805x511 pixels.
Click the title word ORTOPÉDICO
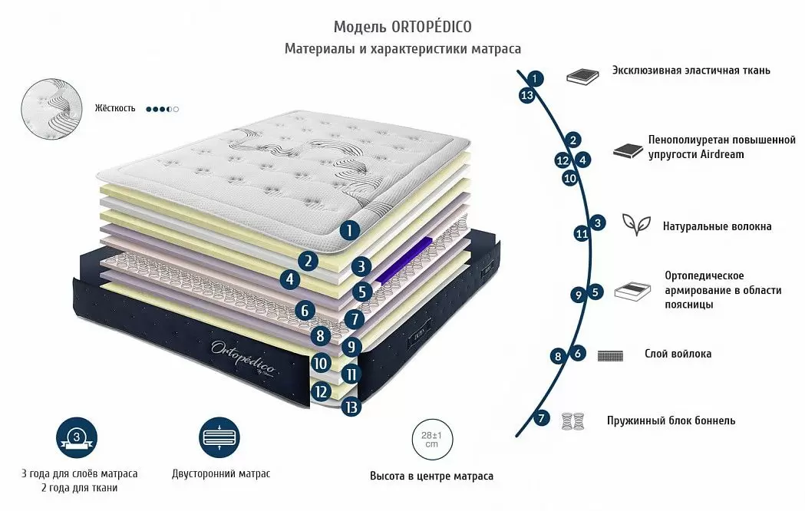coord(432,27)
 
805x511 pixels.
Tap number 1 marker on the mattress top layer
coord(350,229)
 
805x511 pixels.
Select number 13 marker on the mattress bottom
coord(351,407)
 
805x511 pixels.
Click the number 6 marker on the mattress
coord(305,311)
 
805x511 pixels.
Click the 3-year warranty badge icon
coord(77,438)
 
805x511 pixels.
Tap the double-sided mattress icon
coord(220,438)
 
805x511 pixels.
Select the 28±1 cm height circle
coord(431,440)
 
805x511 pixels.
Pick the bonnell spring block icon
coord(573,420)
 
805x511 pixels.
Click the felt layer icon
coord(611,355)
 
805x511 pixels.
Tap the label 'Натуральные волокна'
coord(717,226)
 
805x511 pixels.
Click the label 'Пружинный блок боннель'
coord(671,420)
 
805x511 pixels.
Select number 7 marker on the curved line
coord(543,419)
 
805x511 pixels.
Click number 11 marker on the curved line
coord(581,234)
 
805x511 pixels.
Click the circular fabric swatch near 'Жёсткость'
coord(51,108)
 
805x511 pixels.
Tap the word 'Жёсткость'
coord(115,108)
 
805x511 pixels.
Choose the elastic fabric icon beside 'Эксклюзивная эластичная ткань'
coord(582,75)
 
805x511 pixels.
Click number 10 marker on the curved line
coord(569,178)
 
